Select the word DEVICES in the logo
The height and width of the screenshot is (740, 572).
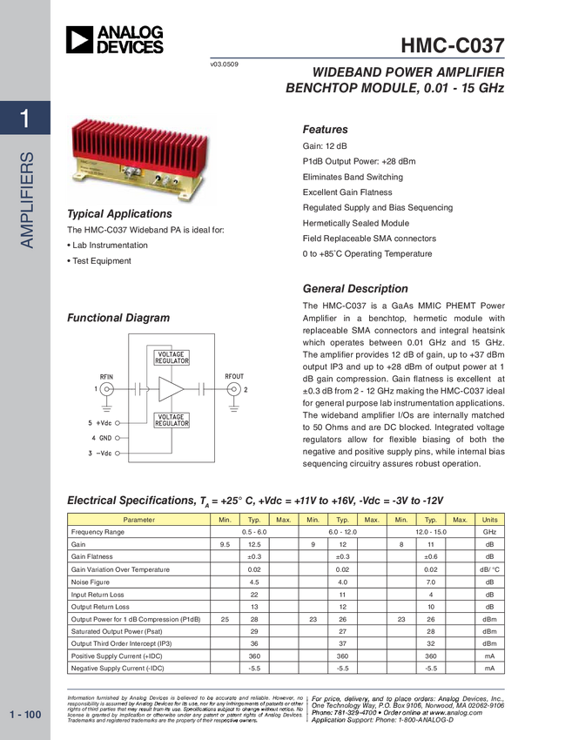pos(130,47)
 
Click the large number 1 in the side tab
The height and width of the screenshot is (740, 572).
pos(26,118)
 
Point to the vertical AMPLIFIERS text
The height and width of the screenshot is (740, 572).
pos(27,200)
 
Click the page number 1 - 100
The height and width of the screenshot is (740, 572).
pos(25,715)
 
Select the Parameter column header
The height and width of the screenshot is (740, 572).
pos(138,520)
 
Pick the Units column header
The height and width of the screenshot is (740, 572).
pos(490,520)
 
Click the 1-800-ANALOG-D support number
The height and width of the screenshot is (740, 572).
pos(421,719)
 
